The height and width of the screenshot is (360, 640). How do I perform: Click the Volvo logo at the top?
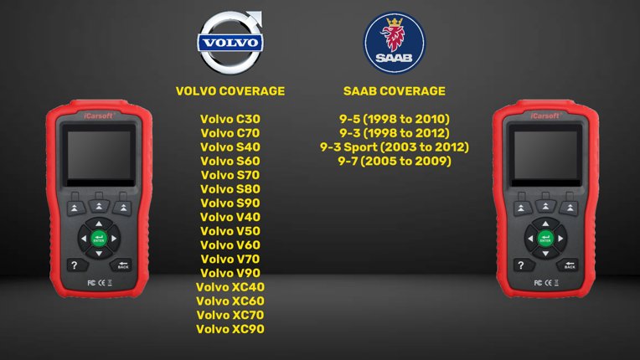click(x=230, y=41)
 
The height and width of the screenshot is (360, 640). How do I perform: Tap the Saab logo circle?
click(x=394, y=42)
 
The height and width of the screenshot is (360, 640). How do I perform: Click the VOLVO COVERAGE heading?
click(x=230, y=90)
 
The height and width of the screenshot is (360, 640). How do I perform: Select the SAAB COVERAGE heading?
click(x=394, y=90)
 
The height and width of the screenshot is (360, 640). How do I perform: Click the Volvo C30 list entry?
click(x=230, y=118)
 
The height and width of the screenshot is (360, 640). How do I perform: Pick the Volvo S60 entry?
click(x=230, y=161)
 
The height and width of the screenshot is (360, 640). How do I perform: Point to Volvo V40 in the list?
click(x=230, y=217)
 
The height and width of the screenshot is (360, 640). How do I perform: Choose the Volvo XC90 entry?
click(x=230, y=329)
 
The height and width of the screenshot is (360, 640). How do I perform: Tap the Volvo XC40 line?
click(x=230, y=287)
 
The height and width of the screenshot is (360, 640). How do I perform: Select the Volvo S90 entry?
click(x=230, y=203)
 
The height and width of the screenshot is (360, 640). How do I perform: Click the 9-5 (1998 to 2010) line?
click(x=394, y=118)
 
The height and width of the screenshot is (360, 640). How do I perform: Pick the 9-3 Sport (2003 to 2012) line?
click(x=394, y=147)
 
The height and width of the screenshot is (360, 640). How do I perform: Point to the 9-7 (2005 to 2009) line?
click(x=394, y=161)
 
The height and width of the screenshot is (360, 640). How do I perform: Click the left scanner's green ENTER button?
click(x=99, y=239)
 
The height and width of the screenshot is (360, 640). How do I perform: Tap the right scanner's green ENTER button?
click(x=545, y=239)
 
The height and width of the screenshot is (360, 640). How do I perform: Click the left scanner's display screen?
click(x=99, y=157)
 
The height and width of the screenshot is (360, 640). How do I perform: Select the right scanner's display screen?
click(x=545, y=157)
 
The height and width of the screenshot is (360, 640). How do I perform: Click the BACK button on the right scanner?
click(x=570, y=265)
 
